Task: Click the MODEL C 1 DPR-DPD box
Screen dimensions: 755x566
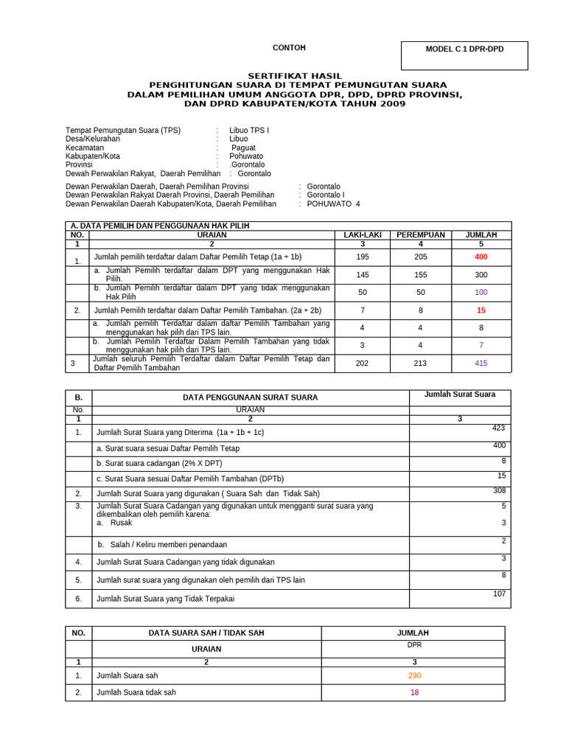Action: [x=464, y=49]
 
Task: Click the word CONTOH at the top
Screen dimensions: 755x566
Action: [x=289, y=48]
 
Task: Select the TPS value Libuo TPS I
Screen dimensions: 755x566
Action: [x=249, y=130]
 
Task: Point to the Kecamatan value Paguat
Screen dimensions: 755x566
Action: [x=244, y=147]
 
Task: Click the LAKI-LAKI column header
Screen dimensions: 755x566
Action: [x=362, y=234]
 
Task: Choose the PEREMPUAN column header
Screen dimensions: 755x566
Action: [x=421, y=234]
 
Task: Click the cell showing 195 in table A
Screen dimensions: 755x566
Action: [x=362, y=257]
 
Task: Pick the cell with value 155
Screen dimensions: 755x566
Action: [x=421, y=274]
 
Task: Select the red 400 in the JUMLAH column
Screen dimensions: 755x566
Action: [x=481, y=257]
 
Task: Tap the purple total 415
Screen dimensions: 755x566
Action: [x=481, y=363]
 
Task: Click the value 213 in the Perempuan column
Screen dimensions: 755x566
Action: [x=421, y=363]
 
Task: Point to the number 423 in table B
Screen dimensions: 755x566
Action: [x=499, y=428]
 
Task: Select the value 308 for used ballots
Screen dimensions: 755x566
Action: [x=499, y=490]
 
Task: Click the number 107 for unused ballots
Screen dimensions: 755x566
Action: [x=499, y=594]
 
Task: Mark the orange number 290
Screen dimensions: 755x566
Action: [x=414, y=675]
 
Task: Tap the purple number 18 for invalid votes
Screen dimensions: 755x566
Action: [x=414, y=692]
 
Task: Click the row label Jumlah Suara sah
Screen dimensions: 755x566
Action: [x=127, y=675]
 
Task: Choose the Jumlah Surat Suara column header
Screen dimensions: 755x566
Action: [x=460, y=394]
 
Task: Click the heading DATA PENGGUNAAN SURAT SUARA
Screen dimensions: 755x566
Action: [x=251, y=397]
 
